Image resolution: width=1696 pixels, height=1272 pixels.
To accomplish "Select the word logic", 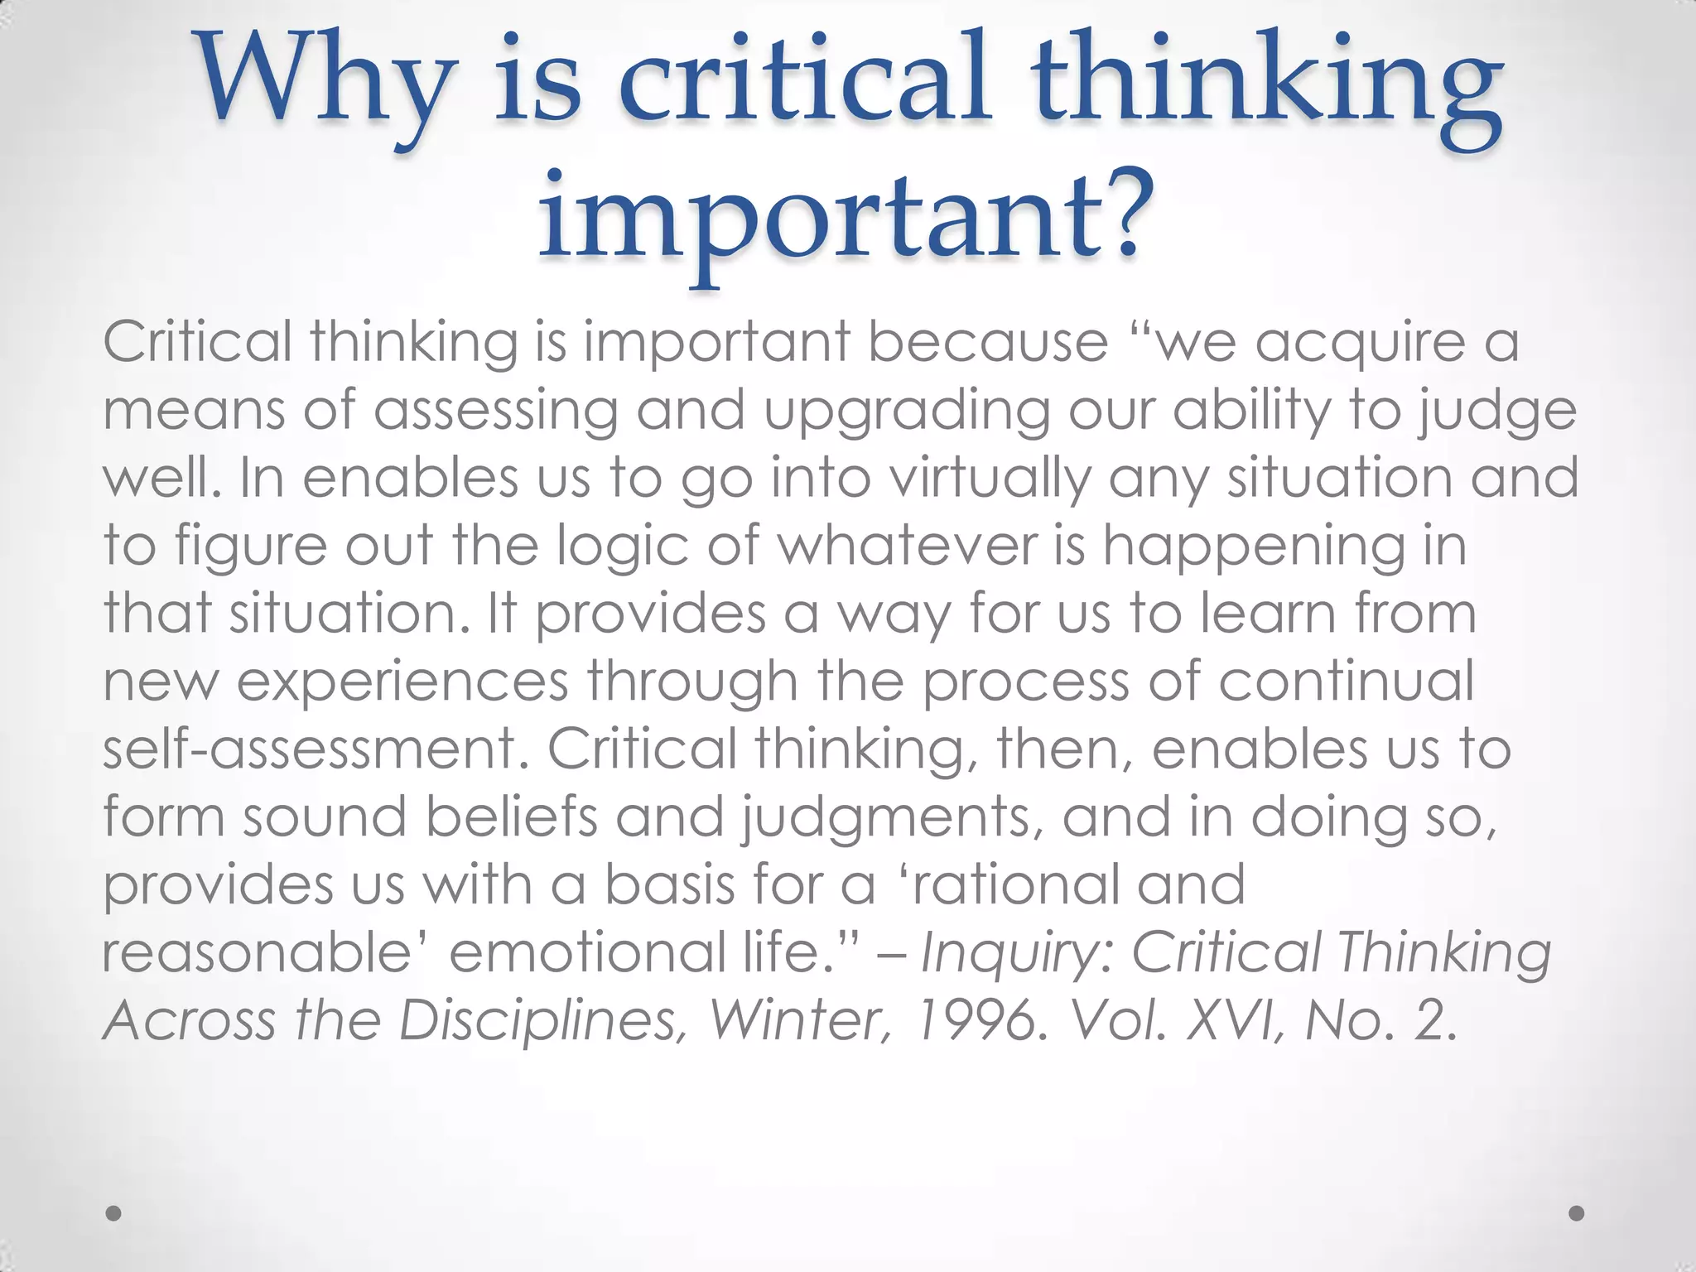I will pos(622,547).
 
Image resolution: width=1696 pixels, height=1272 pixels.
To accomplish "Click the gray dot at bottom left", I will pos(114,1213).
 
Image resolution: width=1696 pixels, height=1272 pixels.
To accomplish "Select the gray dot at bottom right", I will pos(1577,1213).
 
